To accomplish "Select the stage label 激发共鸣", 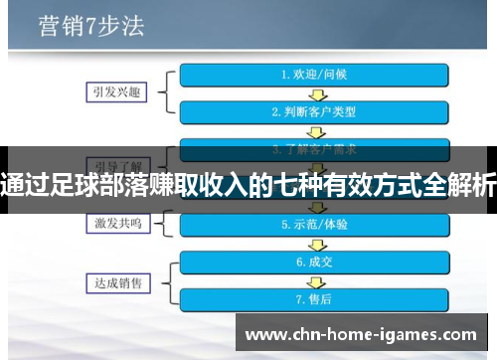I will tap(111, 225).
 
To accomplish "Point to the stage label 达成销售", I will tap(111, 281).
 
